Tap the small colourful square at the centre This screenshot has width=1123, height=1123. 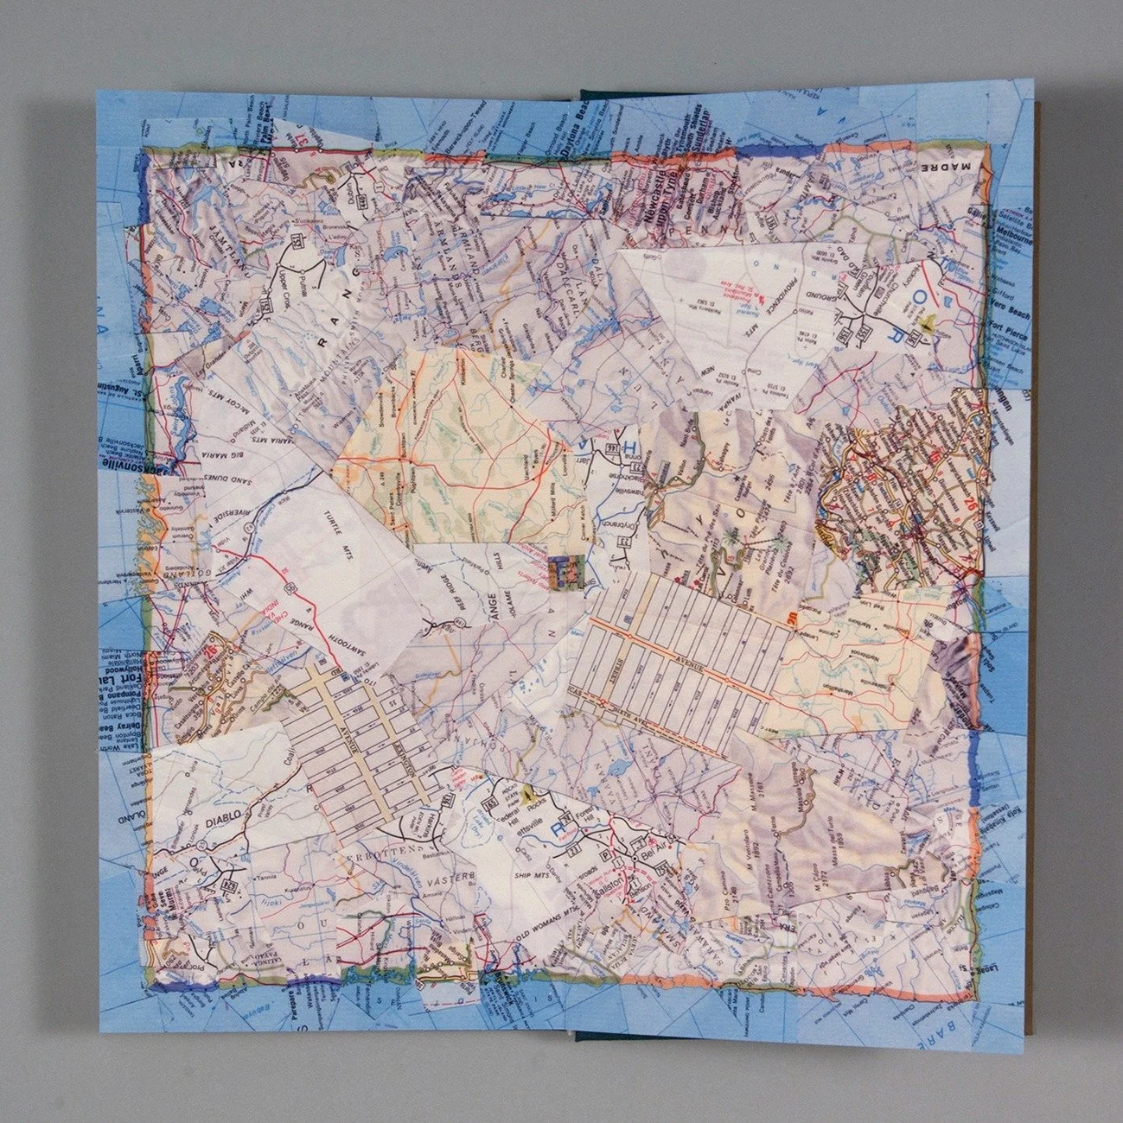[x=561, y=572]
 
